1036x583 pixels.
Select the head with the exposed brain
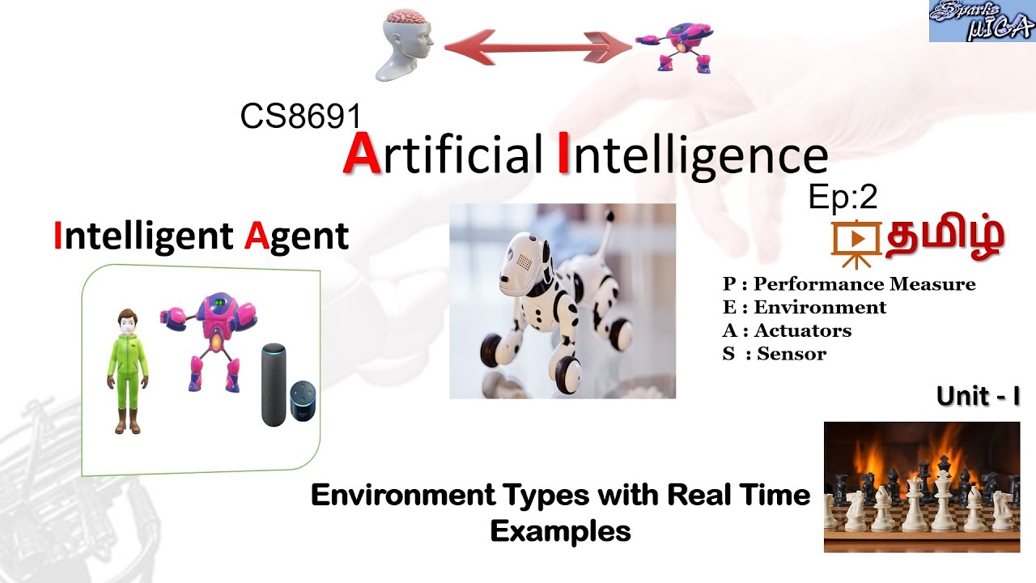pyautogui.click(x=407, y=45)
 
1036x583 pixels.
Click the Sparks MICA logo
pyautogui.click(x=982, y=21)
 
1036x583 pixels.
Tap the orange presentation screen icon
pyautogui.click(x=857, y=241)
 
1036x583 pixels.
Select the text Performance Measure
pyautogui.click(x=864, y=284)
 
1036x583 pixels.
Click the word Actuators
pyautogui.click(x=802, y=330)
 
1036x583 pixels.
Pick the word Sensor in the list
pyautogui.click(x=792, y=354)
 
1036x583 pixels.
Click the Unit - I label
pyautogui.click(x=977, y=397)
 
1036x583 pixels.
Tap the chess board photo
pyautogui.click(x=921, y=487)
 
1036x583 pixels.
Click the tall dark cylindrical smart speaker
pyautogui.click(x=274, y=385)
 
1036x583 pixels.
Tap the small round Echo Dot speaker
pyautogui.click(x=304, y=401)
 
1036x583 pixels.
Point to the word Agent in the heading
pyautogui.click(x=296, y=236)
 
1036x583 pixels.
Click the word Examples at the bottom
pyautogui.click(x=560, y=531)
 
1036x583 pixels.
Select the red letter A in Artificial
pyautogui.click(x=361, y=154)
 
